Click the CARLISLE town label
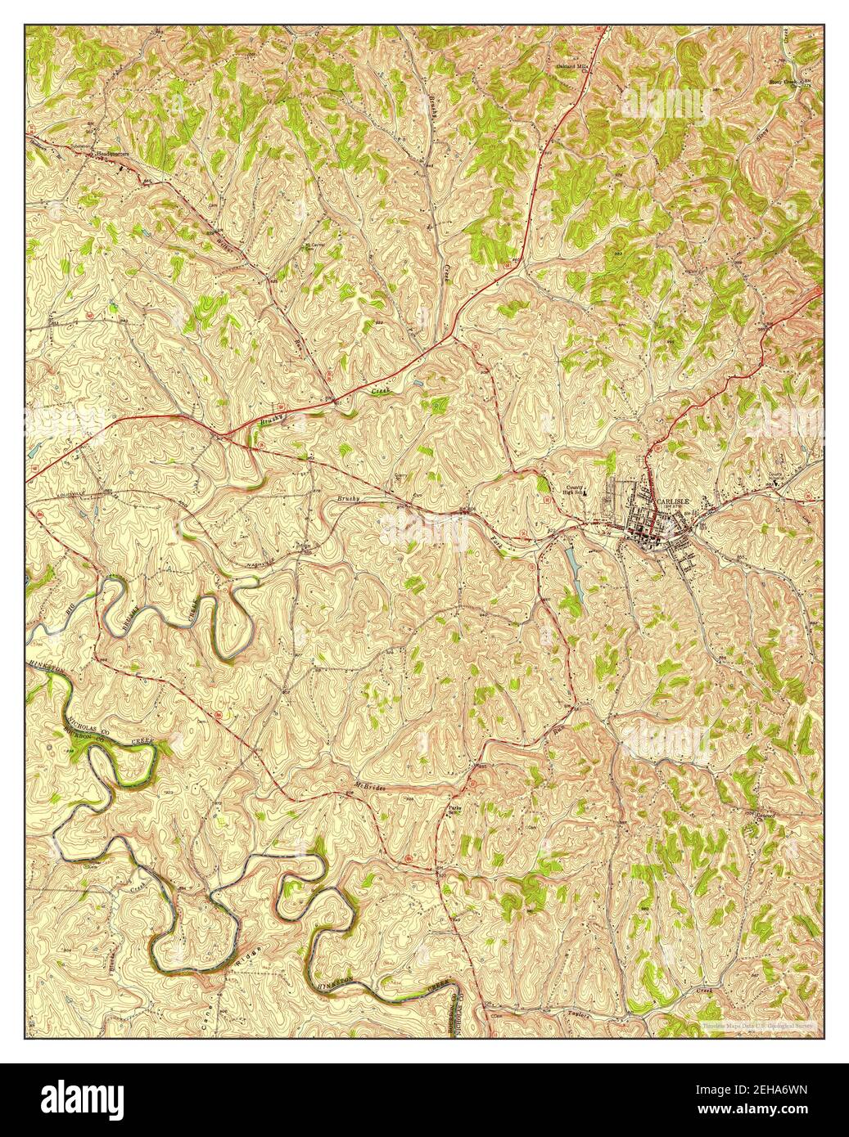tap(673, 500)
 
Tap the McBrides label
tap(370, 787)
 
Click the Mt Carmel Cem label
tap(314, 244)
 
